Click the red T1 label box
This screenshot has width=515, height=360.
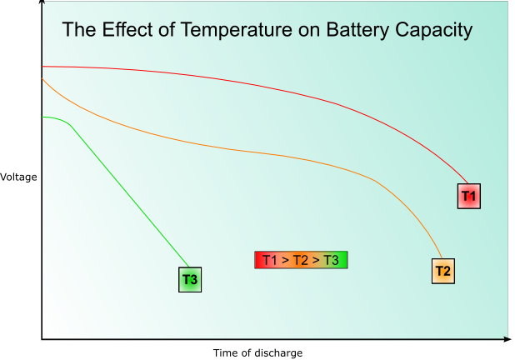click(468, 196)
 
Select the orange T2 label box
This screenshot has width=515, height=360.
click(443, 271)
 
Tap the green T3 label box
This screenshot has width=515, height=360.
click(190, 279)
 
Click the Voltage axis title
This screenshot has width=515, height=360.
click(18, 177)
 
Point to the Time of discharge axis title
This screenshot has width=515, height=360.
click(257, 352)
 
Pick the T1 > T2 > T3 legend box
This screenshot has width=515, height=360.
click(300, 260)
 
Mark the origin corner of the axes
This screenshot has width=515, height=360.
click(42, 339)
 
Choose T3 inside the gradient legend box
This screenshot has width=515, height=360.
click(331, 260)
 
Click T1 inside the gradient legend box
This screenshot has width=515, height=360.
click(270, 260)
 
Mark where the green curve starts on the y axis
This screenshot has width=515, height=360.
click(42, 117)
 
